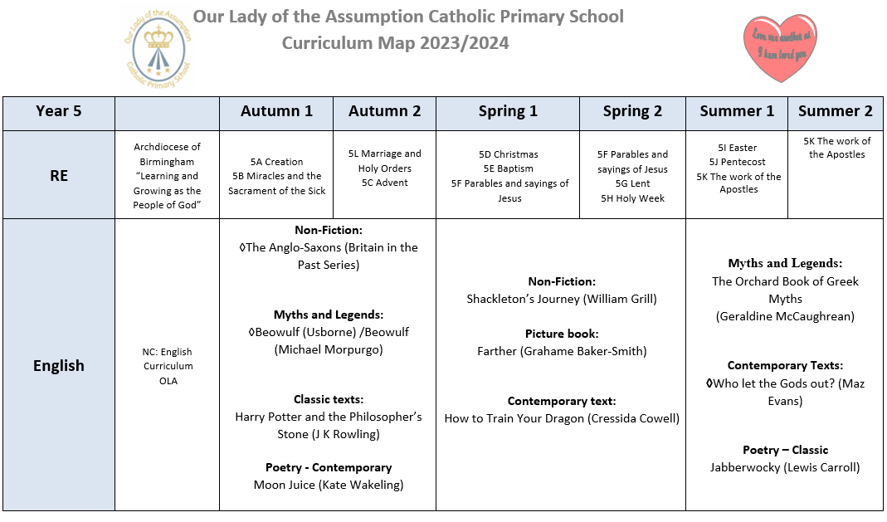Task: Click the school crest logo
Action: (x=156, y=46)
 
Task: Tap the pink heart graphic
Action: (x=779, y=47)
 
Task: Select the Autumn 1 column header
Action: (x=276, y=111)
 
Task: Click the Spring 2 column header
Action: (x=632, y=111)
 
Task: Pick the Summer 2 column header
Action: (x=835, y=111)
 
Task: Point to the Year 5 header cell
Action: (x=59, y=111)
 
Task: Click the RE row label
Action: (x=59, y=175)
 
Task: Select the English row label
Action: (x=59, y=365)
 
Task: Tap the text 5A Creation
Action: (x=276, y=162)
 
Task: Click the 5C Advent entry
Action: (x=384, y=183)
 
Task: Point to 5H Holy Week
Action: (x=632, y=198)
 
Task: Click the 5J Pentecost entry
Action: (x=737, y=162)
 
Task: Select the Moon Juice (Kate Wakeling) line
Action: (x=328, y=485)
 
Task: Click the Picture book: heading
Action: (x=561, y=334)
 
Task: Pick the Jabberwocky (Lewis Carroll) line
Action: (x=784, y=467)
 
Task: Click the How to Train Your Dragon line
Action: (x=561, y=418)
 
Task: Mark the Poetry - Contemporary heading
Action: (x=328, y=467)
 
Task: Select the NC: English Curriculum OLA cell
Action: (x=167, y=366)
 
